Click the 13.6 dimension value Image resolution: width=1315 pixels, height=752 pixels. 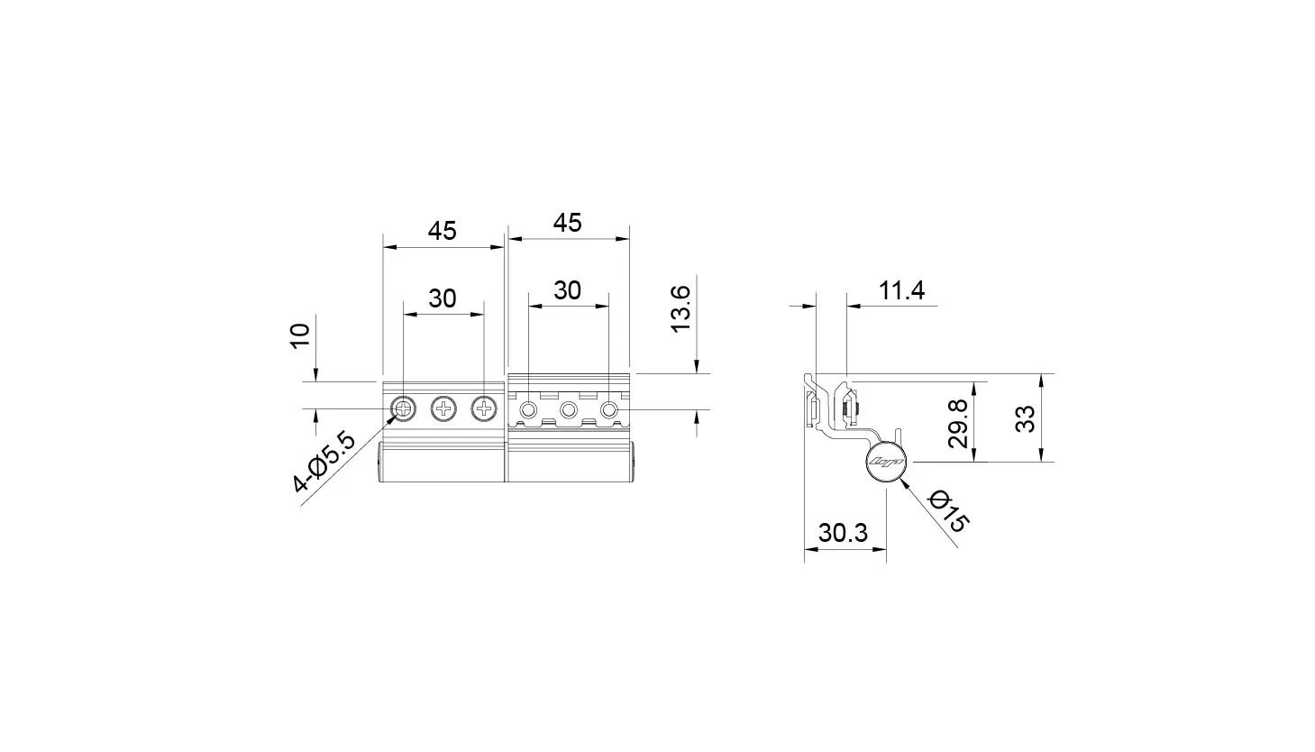click(681, 308)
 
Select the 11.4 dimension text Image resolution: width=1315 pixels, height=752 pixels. click(901, 290)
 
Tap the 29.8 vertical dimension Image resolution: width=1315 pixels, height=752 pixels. click(958, 424)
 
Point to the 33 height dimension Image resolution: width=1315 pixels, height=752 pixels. click(1026, 419)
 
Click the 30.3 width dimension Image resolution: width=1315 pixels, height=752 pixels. click(843, 533)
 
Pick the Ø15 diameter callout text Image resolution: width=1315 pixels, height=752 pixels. click(948, 511)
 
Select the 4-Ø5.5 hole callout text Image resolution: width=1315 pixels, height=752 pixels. click(324, 463)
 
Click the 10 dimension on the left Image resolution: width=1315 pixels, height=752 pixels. click(300, 336)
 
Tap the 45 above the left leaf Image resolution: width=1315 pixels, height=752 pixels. click(442, 231)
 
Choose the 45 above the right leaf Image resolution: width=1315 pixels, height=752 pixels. click(568, 223)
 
